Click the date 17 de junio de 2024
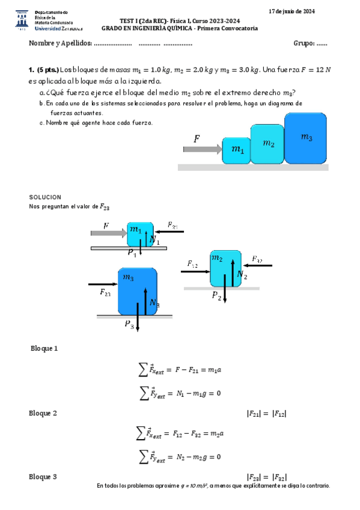[x=291, y=11]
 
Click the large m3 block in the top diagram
[x=307, y=138]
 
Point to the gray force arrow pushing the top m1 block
[x=202, y=149]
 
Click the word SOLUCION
[x=45, y=197]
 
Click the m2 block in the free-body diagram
[x=225, y=269]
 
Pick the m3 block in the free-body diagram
[x=138, y=291]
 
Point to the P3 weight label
[x=130, y=325]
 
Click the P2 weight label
[x=217, y=296]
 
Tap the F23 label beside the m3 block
[x=105, y=293]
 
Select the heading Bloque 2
[x=43, y=413]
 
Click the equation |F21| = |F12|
[x=266, y=413]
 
